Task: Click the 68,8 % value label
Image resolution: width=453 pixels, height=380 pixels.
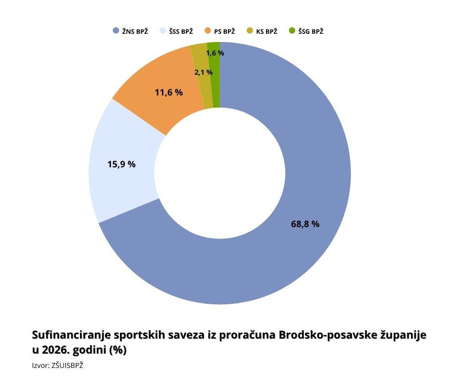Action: [x=305, y=224]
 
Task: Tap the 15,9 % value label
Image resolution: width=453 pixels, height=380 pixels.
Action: [x=121, y=164]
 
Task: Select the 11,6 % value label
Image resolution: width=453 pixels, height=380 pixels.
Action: [x=169, y=92]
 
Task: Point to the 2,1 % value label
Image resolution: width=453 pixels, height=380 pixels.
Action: [x=203, y=72]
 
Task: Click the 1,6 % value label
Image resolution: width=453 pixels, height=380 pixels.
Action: [x=215, y=53]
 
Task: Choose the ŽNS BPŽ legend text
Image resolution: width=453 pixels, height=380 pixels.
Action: [x=135, y=31]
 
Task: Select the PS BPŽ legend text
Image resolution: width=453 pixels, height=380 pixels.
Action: [x=224, y=31]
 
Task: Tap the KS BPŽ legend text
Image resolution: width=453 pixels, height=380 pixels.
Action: [x=266, y=31]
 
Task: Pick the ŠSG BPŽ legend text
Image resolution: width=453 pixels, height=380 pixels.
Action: [x=311, y=31]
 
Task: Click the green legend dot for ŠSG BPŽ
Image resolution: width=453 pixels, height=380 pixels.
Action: [x=292, y=31]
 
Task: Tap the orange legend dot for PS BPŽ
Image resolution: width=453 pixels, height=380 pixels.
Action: [x=208, y=31]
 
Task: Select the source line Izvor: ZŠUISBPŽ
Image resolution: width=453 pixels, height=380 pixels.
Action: [x=57, y=366]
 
